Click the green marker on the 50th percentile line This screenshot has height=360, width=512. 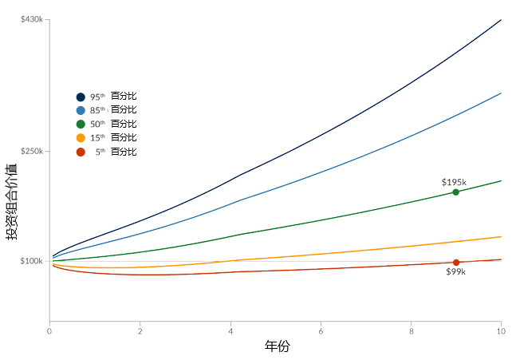coord(456,192)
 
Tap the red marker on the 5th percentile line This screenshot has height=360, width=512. coord(456,262)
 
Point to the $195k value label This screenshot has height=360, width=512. coord(454,182)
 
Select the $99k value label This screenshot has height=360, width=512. coord(455,272)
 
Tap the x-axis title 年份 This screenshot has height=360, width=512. coord(277,346)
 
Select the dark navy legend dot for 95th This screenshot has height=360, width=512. coord(81,97)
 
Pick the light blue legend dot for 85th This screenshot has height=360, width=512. coord(81,110)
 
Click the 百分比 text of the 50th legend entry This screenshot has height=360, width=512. coord(124,124)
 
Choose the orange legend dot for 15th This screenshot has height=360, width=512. coord(81,137)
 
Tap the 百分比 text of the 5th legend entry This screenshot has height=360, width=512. coord(124,152)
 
